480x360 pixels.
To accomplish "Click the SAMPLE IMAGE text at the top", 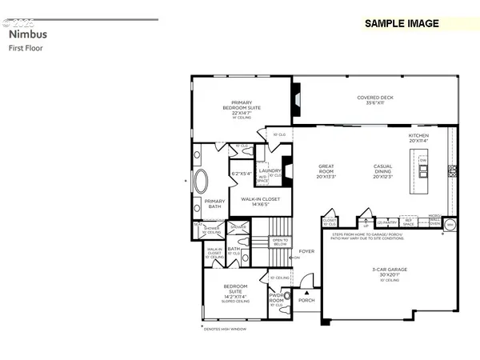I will coord(402,23).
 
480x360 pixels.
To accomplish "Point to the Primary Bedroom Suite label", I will coord(242,107).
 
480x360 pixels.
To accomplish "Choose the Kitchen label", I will coord(419,138).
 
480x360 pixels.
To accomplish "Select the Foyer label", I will coord(307,250).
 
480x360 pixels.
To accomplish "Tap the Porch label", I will coord(306,301).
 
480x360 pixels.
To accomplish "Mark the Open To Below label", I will coord(279,241).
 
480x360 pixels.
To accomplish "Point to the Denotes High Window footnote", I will coord(221,328).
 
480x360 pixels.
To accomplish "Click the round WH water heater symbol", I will coord(450,225).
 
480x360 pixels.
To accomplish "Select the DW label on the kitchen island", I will coord(422,161).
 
